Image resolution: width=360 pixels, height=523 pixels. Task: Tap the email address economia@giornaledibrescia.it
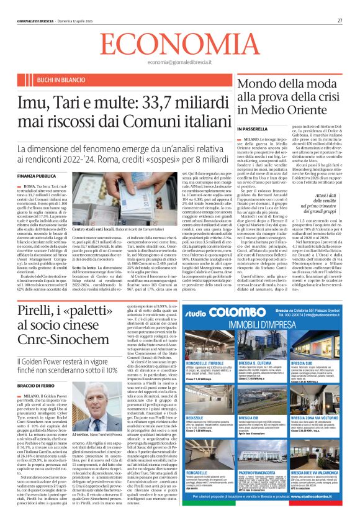[x=179, y=63]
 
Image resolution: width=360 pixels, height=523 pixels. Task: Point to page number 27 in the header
[x=340, y=20]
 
